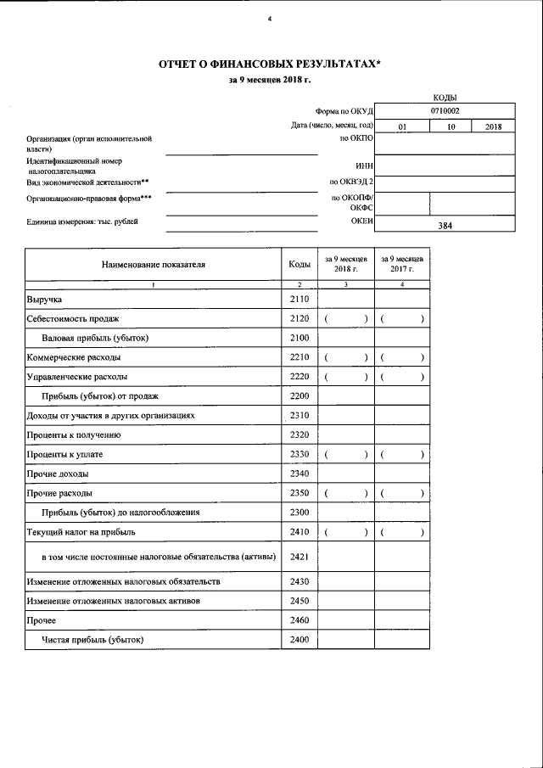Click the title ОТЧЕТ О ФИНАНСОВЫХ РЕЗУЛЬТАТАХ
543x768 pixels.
[x=270, y=64]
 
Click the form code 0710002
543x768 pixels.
[x=445, y=110]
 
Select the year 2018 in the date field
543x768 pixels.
[x=493, y=127]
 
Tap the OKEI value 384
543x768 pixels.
[x=445, y=227]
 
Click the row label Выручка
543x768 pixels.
[x=44, y=300]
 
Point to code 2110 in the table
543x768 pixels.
[x=299, y=300]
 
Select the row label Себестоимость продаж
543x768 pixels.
[x=72, y=319]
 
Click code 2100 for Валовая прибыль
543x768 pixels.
[x=299, y=338]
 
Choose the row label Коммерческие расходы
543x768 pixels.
[x=71, y=357]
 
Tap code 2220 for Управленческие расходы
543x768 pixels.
[x=299, y=377]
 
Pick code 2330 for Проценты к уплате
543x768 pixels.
[x=299, y=454]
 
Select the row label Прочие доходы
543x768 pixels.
[x=57, y=474]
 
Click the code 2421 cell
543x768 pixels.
[x=299, y=557]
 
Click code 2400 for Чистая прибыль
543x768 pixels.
[x=299, y=640]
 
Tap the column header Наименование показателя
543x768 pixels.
[x=154, y=264]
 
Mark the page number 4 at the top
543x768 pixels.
[x=270, y=19]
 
